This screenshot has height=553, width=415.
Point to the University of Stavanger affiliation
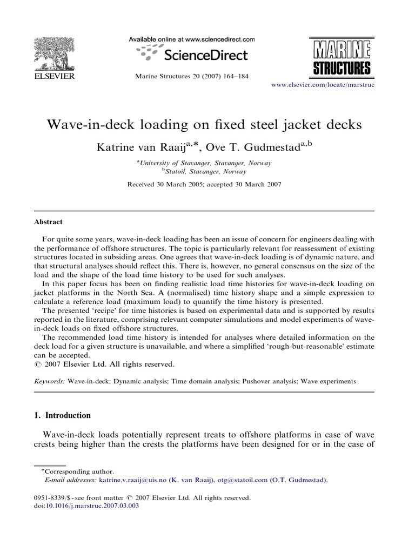pyautogui.click(x=205, y=163)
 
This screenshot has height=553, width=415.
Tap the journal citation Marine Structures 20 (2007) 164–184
pyautogui.click(x=191, y=77)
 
